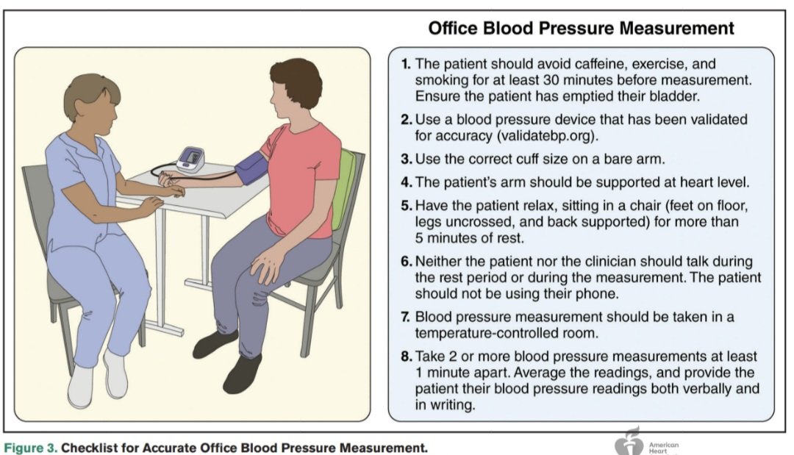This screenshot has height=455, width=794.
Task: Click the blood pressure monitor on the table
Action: click(190, 160)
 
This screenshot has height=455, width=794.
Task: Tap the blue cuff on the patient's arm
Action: click(251, 168)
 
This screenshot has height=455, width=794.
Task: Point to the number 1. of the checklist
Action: click(406, 64)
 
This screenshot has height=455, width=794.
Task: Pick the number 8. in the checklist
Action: click(406, 357)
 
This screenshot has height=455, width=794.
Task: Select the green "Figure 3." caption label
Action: click(30, 448)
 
